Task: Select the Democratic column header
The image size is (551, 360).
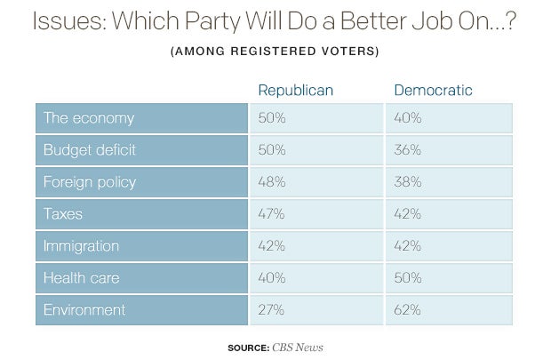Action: coord(433,91)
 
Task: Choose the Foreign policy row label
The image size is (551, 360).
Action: coord(89,182)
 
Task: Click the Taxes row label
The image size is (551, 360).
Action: coord(63,214)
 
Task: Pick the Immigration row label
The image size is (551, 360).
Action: coord(82,246)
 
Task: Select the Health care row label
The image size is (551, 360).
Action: coord(81,278)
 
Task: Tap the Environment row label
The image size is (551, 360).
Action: coord(84,310)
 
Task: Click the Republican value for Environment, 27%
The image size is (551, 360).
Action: coord(272,310)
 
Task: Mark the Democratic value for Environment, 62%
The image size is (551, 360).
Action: coord(409,310)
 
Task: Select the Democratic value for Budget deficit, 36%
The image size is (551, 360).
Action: coord(409,150)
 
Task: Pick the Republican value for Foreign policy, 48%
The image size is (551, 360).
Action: coord(272,182)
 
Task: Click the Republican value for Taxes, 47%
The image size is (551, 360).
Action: coord(272,214)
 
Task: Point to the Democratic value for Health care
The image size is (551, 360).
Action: coord(409,278)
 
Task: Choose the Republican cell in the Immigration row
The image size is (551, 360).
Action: coord(272,246)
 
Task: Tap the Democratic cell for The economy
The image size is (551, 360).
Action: coord(409,118)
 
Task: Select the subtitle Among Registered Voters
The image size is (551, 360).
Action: coord(275,50)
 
